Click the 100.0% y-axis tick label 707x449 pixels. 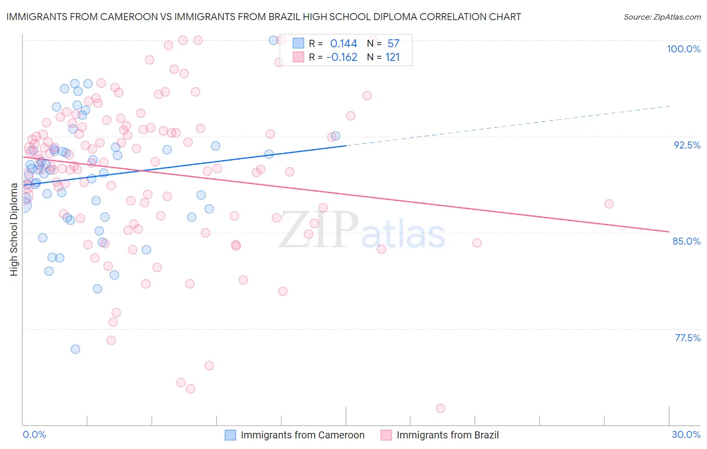[683, 49]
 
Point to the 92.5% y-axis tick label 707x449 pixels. [687, 145]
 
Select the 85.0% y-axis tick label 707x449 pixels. [686, 241]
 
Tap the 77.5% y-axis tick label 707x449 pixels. [687, 338]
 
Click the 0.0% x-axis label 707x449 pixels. [34, 434]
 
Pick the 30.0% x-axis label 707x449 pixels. [686, 434]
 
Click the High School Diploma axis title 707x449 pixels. [14, 229]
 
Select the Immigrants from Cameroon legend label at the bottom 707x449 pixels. [302, 435]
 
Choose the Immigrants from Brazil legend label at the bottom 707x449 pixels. [448, 435]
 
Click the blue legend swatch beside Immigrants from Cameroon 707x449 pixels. [230, 435]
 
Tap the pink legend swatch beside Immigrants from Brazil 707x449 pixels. [386, 435]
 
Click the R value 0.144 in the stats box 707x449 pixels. [343, 44]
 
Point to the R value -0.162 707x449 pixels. [342, 57]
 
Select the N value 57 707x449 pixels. [393, 44]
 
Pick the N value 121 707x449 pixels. [392, 57]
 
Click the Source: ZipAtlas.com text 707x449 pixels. [662, 17]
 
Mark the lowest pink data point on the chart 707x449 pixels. [440, 408]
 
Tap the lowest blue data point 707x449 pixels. [75, 349]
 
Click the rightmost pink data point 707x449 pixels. [609, 204]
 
